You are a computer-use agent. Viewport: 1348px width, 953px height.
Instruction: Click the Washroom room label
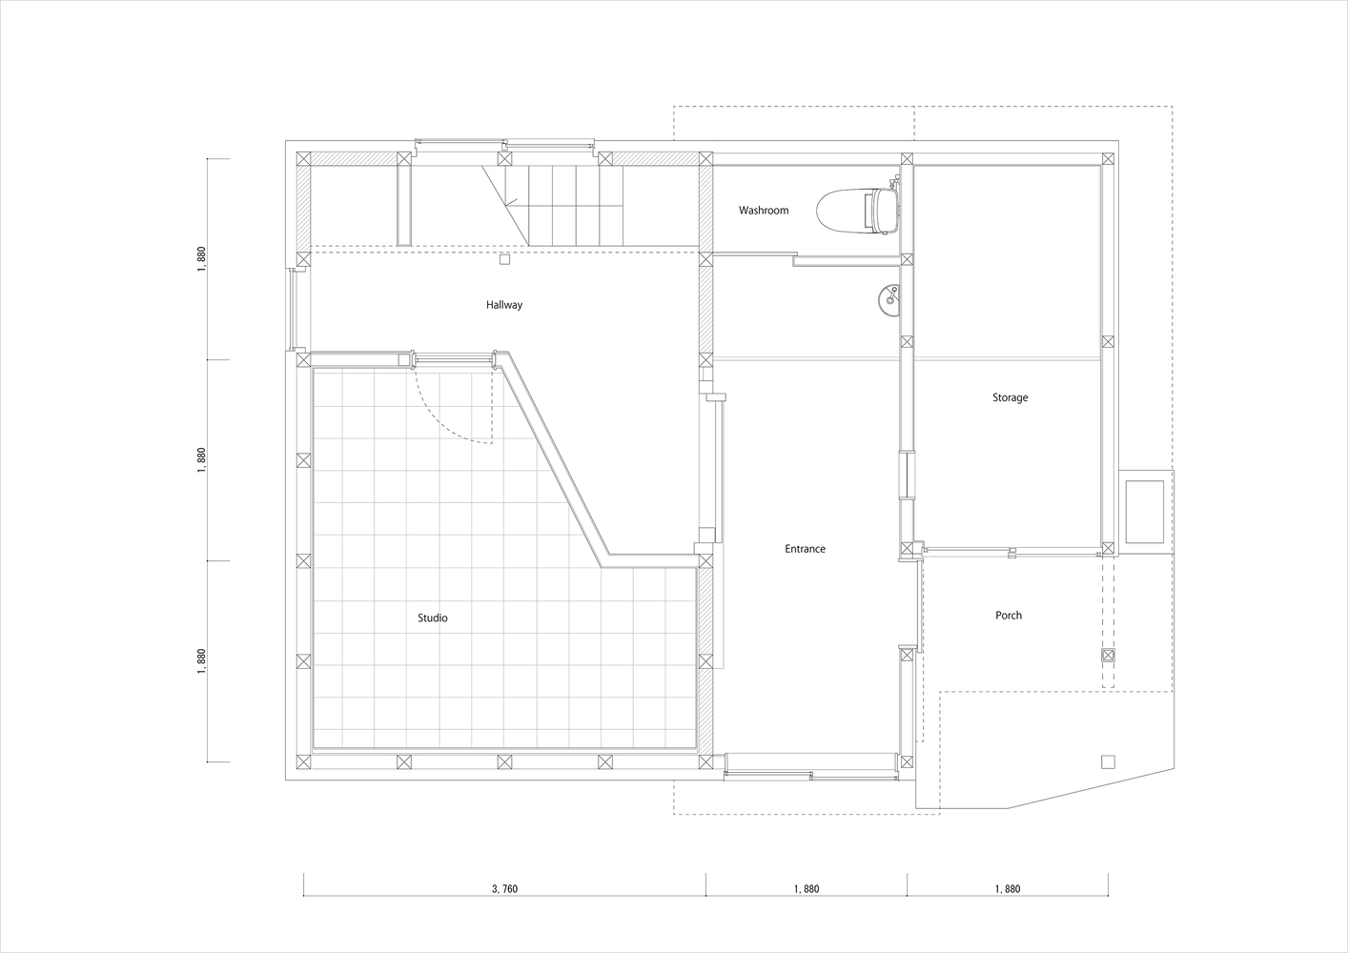(763, 210)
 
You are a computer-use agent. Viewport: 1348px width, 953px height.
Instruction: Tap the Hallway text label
(504, 305)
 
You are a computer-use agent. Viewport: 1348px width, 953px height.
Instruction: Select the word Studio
(433, 618)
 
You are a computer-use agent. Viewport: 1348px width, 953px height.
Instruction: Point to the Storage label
(1011, 397)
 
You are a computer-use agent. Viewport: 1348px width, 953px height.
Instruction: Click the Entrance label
(806, 549)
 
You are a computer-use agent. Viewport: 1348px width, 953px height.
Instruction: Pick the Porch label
(1009, 616)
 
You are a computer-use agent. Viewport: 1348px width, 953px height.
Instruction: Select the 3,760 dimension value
(504, 888)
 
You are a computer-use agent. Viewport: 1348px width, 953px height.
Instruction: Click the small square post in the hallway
(505, 259)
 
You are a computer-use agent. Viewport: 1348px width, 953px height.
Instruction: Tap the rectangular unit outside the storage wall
(1144, 512)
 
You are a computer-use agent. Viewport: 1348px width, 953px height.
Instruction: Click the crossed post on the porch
(1108, 656)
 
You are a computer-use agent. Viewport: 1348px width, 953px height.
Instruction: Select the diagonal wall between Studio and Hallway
(555, 458)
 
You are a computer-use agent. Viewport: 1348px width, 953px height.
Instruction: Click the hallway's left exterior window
(293, 310)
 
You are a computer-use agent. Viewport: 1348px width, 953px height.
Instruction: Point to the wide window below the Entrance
(812, 775)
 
